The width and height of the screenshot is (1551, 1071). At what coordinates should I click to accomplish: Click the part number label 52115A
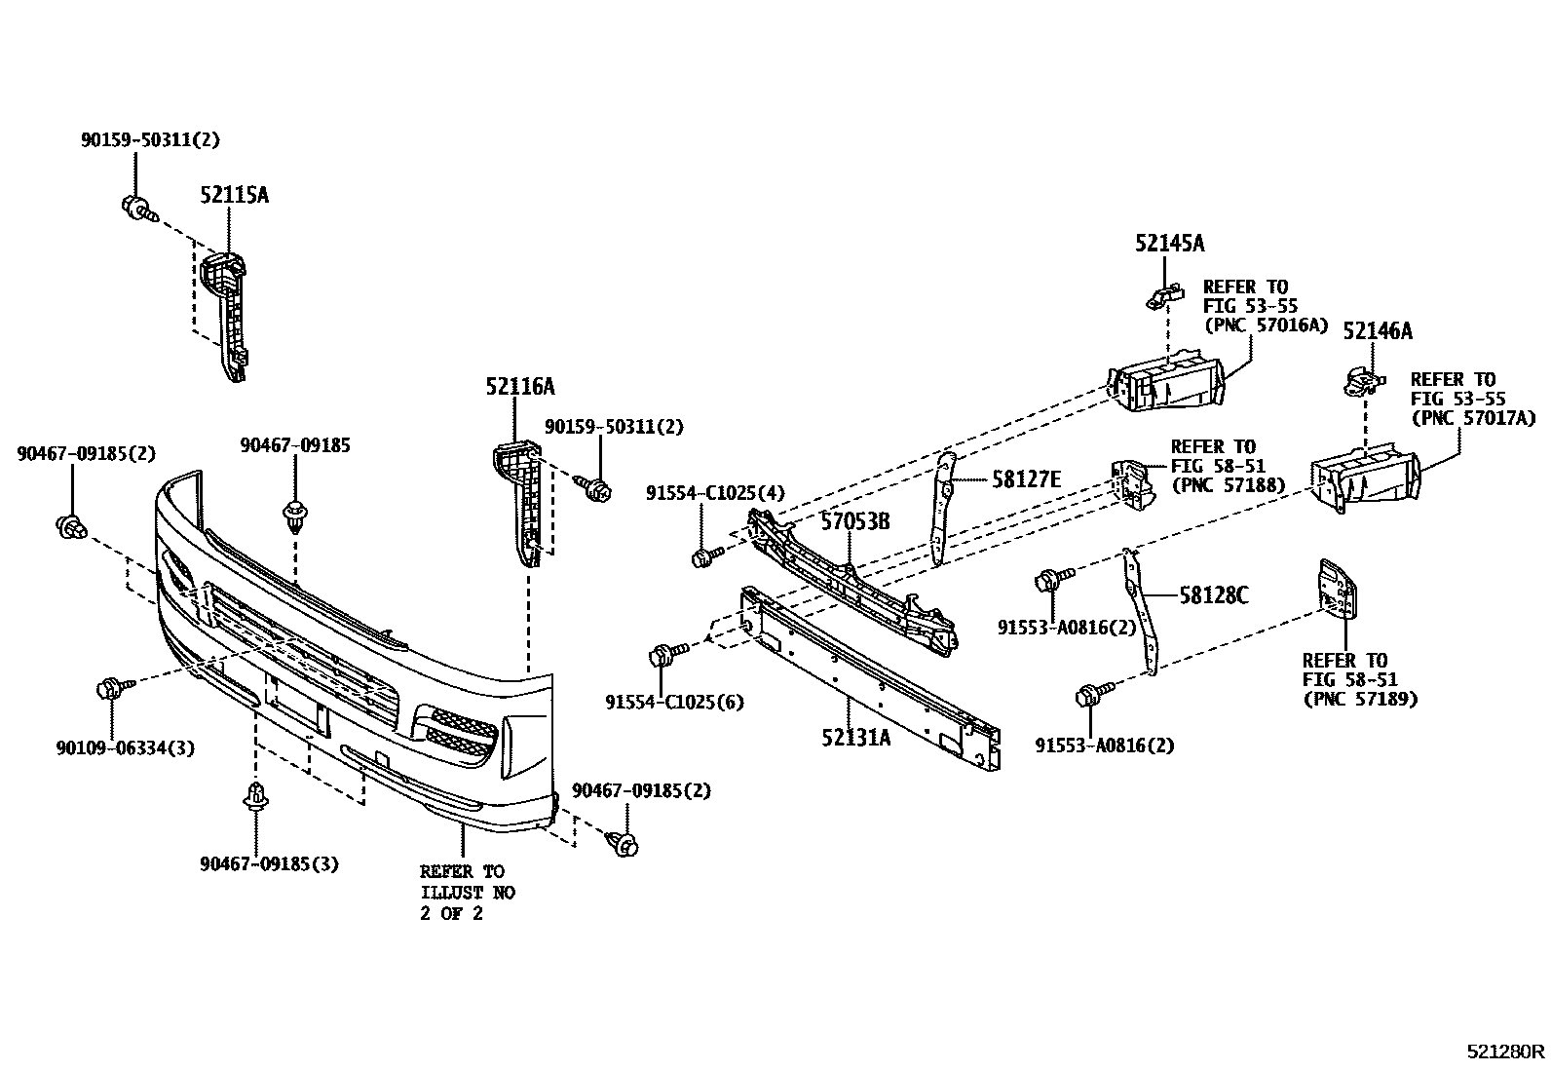click(x=234, y=195)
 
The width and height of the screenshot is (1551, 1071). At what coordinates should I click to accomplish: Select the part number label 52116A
click(x=520, y=387)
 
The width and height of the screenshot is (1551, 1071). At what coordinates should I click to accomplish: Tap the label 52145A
click(x=1169, y=244)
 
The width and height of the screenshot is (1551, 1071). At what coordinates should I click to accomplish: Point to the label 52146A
click(x=1377, y=331)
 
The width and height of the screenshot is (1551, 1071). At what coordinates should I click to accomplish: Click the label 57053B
click(x=854, y=521)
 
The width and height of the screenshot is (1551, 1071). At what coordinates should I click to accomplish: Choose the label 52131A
click(x=855, y=738)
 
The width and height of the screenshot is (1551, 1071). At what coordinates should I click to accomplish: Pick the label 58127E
click(x=1026, y=478)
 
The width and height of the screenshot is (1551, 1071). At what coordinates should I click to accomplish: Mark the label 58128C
click(x=1213, y=594)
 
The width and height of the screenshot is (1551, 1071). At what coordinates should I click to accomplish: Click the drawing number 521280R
click(x=1506, y=1052)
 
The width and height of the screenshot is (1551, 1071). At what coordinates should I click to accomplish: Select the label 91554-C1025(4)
click(x=714, y=494)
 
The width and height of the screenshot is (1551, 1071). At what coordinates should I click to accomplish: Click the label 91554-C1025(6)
click(x=674, y=702)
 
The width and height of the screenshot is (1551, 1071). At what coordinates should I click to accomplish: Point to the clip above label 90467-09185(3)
click(x=255, y=796)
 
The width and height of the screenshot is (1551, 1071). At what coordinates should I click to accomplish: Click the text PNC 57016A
click(x=1267, y=325)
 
